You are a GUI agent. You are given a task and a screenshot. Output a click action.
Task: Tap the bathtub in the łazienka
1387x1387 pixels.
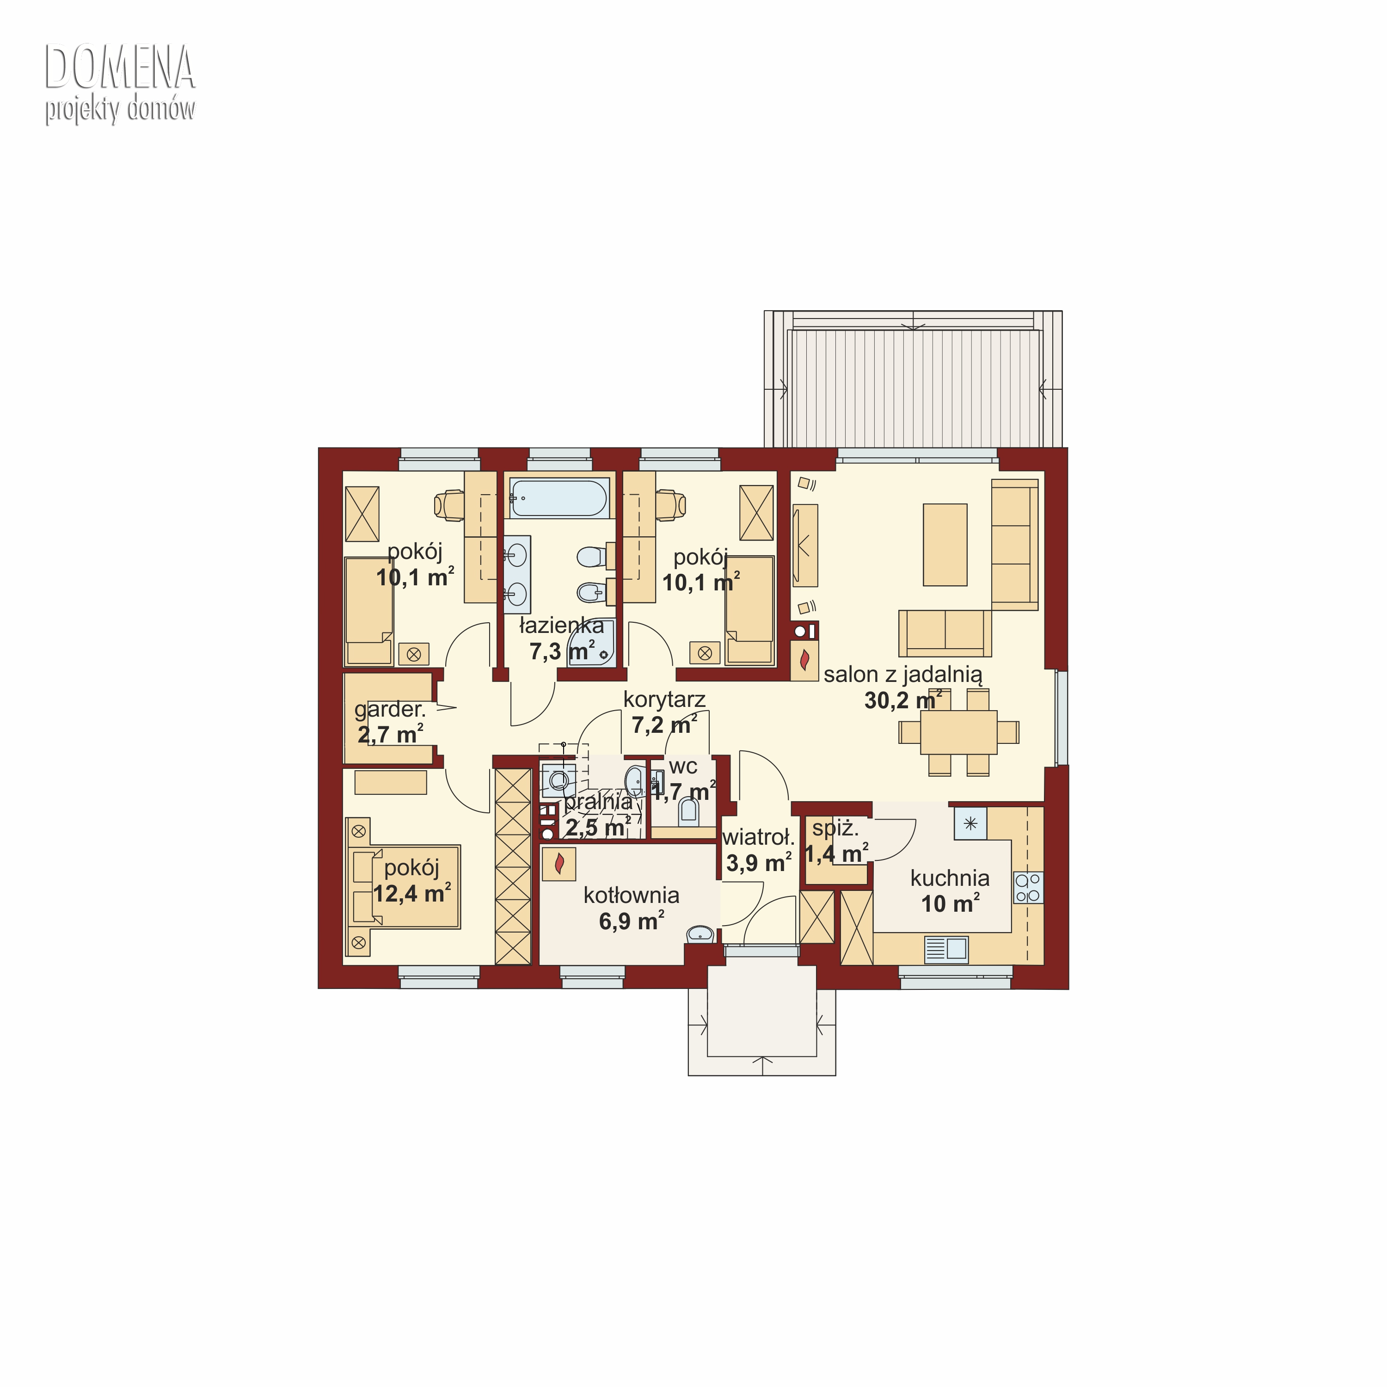click(558, 497)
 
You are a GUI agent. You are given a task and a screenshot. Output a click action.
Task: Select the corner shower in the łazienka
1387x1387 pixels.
click(592, 643)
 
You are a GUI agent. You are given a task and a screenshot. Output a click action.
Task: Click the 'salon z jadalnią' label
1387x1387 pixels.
click(902, 675)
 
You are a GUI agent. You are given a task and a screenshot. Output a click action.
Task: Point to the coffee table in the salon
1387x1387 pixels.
click(945, 544)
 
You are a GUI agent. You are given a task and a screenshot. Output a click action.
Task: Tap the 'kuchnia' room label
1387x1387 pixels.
click(949, 878)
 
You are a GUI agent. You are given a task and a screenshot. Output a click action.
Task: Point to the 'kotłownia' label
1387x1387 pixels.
click(631, 895)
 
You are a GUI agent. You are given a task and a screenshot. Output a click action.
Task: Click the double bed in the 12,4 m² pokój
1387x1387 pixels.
click(404, 887)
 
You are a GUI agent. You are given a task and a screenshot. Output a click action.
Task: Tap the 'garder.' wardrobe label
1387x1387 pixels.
click(390, 710)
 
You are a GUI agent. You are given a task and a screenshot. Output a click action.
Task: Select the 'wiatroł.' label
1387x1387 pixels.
click(758, 837)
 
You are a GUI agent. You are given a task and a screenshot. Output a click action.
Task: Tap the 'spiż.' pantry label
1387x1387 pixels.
click(835, 829)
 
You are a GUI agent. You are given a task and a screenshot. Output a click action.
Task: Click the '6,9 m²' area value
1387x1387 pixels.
click(631, 921)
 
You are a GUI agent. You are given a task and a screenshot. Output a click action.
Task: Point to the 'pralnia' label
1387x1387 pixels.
click(599, 802)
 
